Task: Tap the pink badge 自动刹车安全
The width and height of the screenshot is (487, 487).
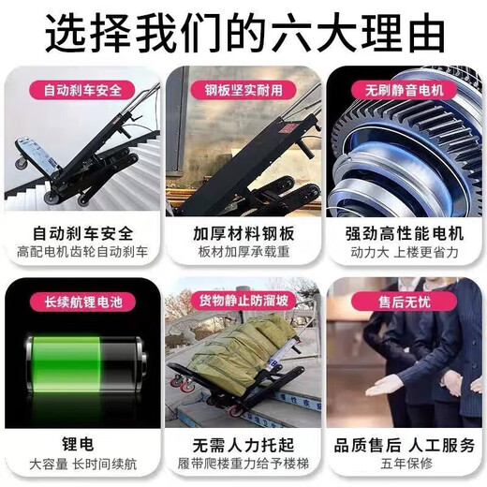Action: [x=82, y=90]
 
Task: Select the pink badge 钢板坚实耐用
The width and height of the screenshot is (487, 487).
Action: [x=243, y=90]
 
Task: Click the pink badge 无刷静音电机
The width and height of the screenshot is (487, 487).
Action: [x=405, y=90]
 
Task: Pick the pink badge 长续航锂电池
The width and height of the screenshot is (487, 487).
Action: [x=82, y=302]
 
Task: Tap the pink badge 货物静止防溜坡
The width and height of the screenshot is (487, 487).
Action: [x=243, y=302]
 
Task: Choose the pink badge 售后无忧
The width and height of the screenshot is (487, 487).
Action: [x=405, y=302]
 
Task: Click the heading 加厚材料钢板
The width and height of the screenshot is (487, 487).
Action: [x=243, y=233]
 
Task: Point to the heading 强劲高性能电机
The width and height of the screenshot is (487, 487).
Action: [x=405, y=233]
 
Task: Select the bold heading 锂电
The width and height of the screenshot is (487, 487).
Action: [x=78, y=444]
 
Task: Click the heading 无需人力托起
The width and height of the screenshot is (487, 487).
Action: [x=243, y=445]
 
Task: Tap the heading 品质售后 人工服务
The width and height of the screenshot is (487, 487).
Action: [x=405, y=445]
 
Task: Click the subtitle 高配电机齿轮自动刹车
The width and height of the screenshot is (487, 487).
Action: [x=82, y=252]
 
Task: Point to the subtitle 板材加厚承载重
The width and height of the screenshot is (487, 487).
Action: [x=243, y=252]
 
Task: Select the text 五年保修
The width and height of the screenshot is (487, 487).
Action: [x=406, y=464]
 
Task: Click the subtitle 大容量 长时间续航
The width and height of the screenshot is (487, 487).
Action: [x=83, y=464]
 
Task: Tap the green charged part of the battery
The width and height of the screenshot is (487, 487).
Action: [x=66, y=363]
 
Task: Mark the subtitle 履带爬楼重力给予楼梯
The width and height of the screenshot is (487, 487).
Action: [x=243, y=464]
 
